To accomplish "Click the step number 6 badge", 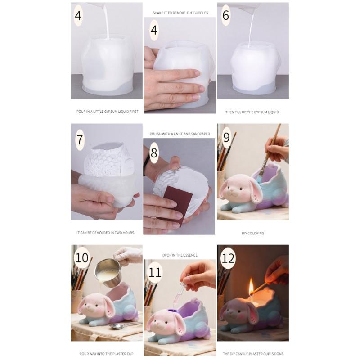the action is click(x=226, y=15).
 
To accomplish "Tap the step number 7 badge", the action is click(x=80, y=139).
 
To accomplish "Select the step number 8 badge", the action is click(x=154, y=153).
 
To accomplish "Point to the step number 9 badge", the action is click(x=226, y=137).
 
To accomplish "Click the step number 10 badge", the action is click(x=81, y=257).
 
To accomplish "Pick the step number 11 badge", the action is click(x=155, y=272).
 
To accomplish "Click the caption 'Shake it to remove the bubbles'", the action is click(x=180, y=13).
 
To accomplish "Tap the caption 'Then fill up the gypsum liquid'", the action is click(x=252, y=112).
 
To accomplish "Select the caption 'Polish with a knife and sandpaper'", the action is click(x=180, y=134).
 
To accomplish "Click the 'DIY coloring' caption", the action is click(x=253, y=233).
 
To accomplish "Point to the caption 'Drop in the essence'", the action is click(x=180, y=255).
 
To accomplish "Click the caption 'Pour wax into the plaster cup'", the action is click(x=106, y=354).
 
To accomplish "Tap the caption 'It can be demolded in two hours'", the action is click(x=105, y=233).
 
